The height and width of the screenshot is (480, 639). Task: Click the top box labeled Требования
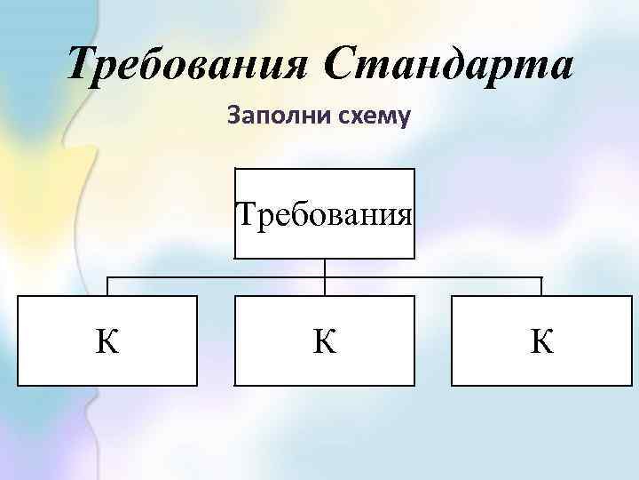click(324, 213)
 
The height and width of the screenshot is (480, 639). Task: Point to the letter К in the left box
click(108, 341)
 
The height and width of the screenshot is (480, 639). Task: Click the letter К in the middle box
click(324, 341)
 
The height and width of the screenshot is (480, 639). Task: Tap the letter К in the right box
click(541, 341)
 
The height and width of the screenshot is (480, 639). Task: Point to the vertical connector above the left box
click(108, 286)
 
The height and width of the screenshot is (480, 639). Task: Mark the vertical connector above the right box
click(541, 286)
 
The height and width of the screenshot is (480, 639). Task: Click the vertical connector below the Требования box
click(325, 268)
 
